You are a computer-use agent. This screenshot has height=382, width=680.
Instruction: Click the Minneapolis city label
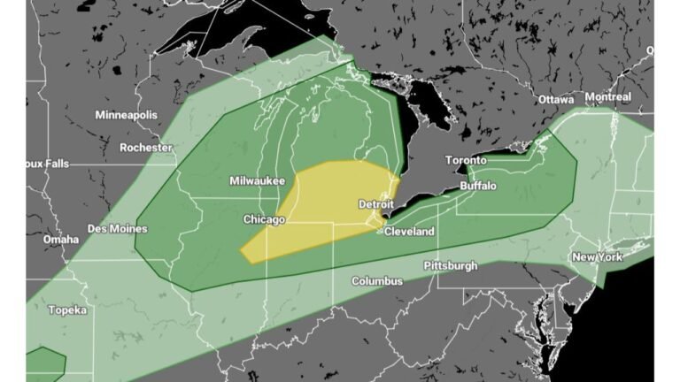[126, 115]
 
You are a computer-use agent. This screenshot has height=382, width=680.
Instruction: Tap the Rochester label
[145, 148]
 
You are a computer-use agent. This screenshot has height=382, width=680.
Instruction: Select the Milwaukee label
[257, 180]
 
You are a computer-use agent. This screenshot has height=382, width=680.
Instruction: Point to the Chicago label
[264, 219]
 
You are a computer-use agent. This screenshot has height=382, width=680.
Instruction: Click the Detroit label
[375, 204]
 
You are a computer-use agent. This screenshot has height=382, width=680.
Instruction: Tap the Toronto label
[466, 160]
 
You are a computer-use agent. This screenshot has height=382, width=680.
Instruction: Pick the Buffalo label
[479, 186]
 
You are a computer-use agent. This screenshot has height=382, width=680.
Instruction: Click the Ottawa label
[556, 99]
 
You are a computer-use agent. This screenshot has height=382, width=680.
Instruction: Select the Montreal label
[607, 96]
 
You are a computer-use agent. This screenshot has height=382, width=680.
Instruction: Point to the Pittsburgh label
[451, 265]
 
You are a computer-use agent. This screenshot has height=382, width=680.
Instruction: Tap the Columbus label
[377, 281]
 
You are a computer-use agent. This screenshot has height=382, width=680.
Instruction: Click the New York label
[597, 257]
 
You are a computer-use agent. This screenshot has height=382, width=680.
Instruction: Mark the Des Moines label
[117, 228]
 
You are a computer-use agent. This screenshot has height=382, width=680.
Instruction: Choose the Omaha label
[60, 240]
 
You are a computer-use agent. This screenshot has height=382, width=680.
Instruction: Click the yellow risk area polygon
[319, 208]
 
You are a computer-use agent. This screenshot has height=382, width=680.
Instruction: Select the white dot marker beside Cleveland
[380, 232]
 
